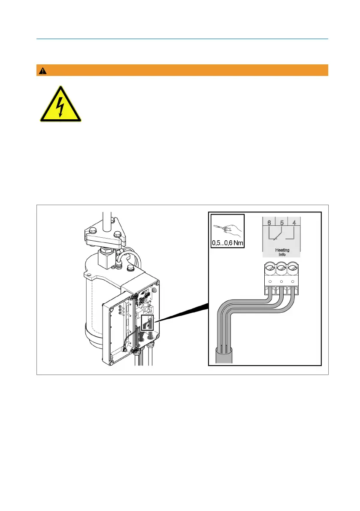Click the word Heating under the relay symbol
pos(281,250)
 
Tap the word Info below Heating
pos(281,254)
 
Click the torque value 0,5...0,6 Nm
pos(227,243)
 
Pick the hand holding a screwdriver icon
pos(228,227)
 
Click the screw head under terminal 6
pos(269,270)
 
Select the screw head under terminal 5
pos(281,270)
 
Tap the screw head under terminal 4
pos(293,270)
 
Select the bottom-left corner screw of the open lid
pos(111,363)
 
